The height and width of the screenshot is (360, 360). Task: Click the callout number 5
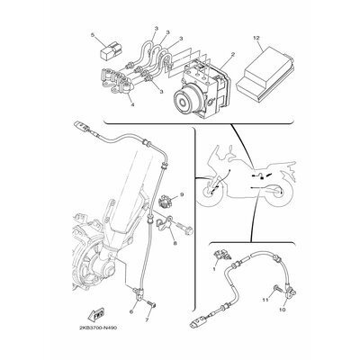tap(93, 34)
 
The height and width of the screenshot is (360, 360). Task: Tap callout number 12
tap(256, 38)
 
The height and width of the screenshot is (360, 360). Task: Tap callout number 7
tap(147, 318)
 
